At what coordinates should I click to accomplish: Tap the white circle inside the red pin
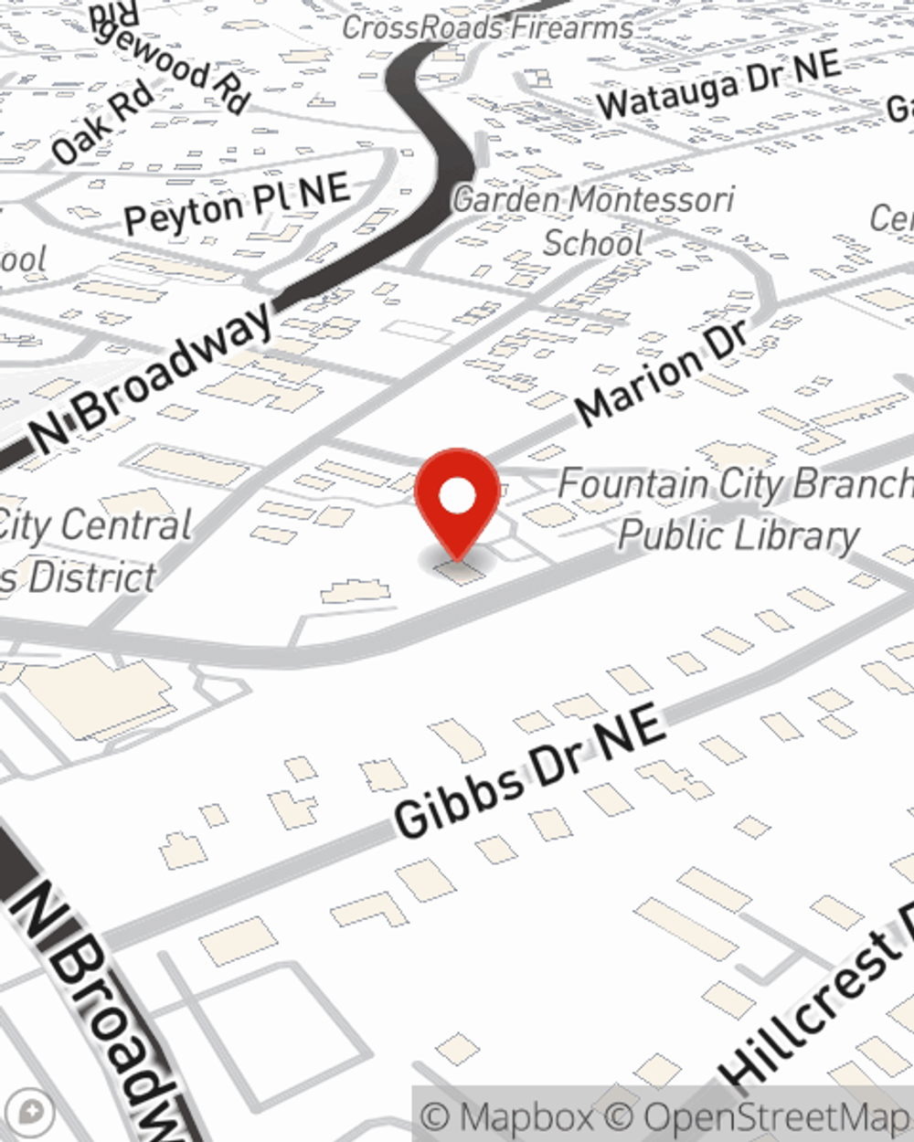pyautogui.click(x=457, y=497)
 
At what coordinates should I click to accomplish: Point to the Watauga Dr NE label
pyautogui.click(x=718, y=84)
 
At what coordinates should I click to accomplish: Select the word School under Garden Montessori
pyautogui.click(x=593, y=243)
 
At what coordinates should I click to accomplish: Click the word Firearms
pyautogui.click(x=572, y=27)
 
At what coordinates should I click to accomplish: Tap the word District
pyautogui.click(x=91, y=577)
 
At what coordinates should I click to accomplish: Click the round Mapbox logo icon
pyautogui.click(x=30, y=1113)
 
